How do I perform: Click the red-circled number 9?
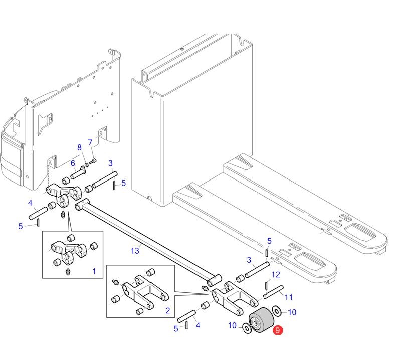277,330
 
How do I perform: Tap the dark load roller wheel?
260,321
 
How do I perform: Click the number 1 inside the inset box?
94,271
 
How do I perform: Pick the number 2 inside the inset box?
167,311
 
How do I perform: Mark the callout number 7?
90,143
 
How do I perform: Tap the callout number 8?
79,147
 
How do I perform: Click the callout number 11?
289,297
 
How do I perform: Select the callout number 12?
276,275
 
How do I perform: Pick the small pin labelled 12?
264,285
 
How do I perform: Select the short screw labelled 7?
93,161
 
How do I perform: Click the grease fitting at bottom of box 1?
68,272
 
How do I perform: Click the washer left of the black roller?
246,328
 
